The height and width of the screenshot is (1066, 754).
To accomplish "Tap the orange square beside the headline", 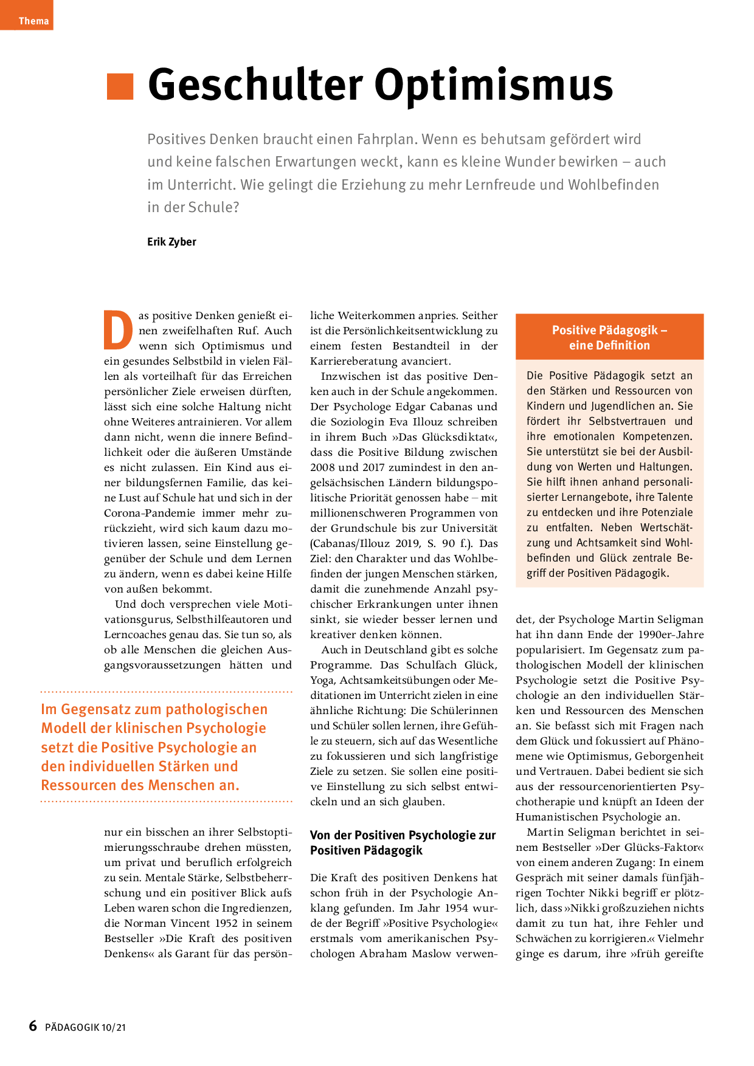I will (120, 86).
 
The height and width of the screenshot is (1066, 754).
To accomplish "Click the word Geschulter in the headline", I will (255, 84).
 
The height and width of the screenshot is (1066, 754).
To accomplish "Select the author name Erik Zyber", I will (171, 241).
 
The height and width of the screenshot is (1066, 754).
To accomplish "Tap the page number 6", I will (33, 1026).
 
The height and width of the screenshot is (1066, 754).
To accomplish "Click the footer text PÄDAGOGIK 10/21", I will (85, 1027).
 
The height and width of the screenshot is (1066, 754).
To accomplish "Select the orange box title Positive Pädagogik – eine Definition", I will (609, 337).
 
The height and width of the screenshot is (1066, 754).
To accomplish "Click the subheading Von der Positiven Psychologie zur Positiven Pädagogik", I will (403, 842).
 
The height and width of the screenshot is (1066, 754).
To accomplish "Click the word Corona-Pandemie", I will (150, 513).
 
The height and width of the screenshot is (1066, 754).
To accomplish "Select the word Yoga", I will (322, 680).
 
